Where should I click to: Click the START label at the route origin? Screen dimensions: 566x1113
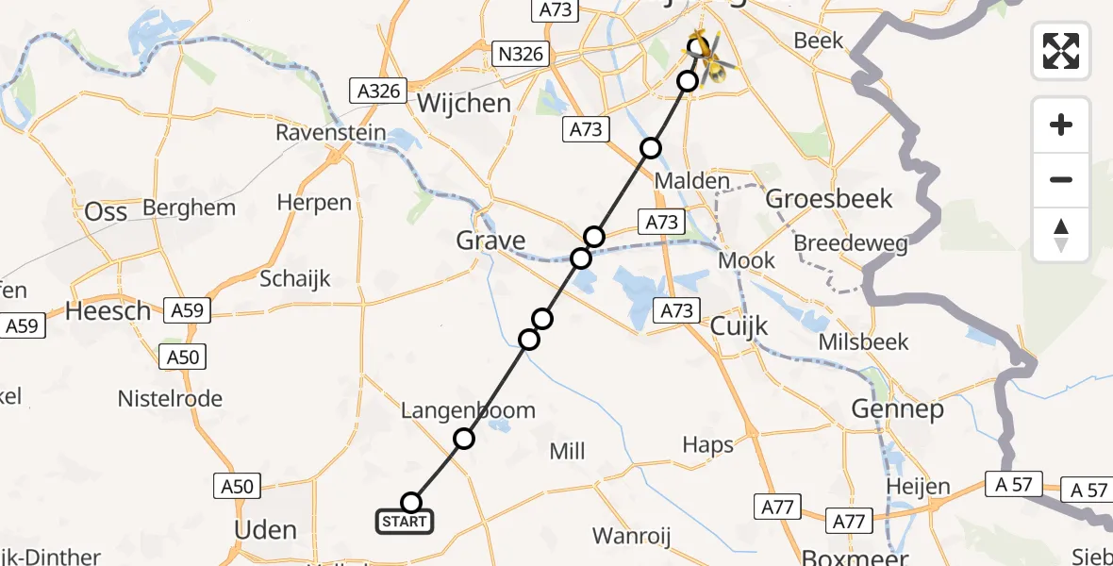(406, 522)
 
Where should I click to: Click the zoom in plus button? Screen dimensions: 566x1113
(1061, 125)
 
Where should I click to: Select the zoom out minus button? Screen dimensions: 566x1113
(1061, 179)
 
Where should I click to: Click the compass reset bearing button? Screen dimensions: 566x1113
(1061, 235)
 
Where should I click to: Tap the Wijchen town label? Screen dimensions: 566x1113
(464, 103)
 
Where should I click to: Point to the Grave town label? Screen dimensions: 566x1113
(490, 241)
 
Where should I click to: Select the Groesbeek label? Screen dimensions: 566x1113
(829, 199)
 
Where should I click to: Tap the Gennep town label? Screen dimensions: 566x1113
(897, 409)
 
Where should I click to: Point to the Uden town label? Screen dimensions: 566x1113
(265, 529)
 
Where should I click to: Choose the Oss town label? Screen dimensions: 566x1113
(106, 211)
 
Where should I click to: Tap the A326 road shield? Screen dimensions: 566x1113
(380, 92)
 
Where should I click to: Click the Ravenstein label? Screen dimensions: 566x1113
(331, 133)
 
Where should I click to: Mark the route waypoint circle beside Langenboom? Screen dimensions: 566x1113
(464, 438)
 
